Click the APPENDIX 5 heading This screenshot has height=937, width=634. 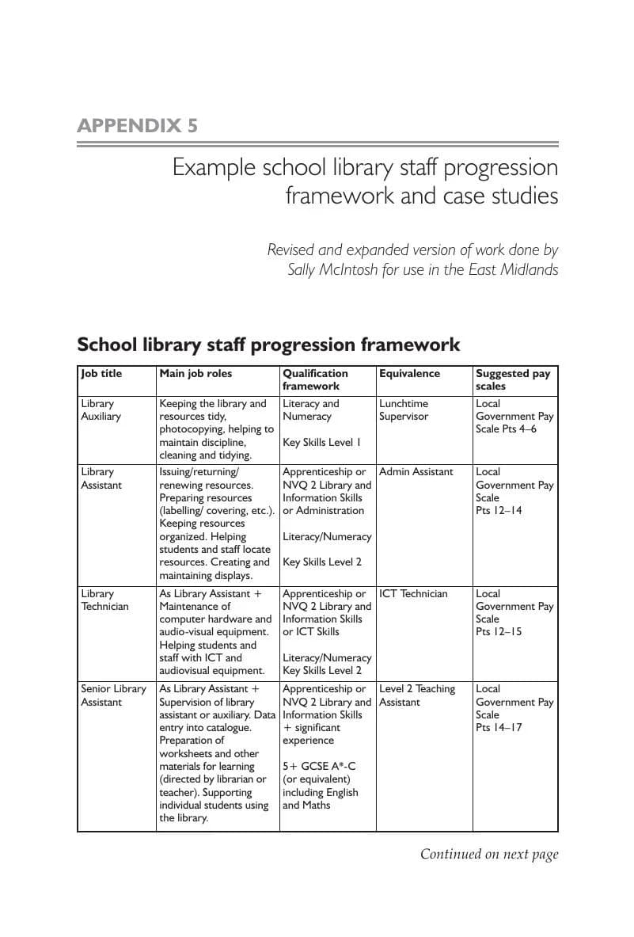(137, 126)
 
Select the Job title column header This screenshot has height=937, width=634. (101, 374)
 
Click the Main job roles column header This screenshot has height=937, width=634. (196, 374)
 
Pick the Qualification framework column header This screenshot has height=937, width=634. (315, 379)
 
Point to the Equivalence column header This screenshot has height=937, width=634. (409, 374)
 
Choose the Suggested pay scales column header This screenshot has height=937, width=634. (512, 379)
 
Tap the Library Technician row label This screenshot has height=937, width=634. (104, 600)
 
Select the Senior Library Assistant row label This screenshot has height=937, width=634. (113, 695)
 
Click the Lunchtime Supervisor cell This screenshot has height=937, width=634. (404, 409)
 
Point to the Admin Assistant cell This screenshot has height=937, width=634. (416, 472)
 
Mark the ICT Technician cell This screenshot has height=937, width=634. (413, 593)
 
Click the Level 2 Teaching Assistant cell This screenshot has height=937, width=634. (417, 695)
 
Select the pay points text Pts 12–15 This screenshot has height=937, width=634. (499, 632)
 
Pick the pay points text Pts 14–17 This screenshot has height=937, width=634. (499, 728)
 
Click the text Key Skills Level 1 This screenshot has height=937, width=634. (321, 443)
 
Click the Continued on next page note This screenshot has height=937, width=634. (488, 854)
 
